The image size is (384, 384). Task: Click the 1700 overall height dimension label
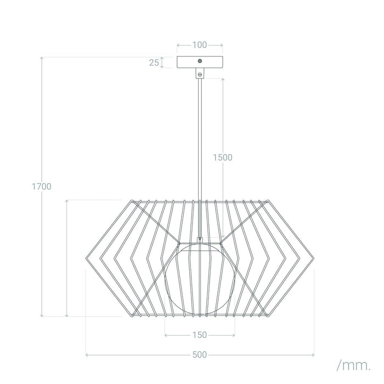[x=41, y=187]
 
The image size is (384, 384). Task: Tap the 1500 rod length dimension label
[x=223, y=157]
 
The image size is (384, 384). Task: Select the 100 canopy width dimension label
[x=200, y=44]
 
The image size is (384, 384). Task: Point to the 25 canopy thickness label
[x=154, y=63]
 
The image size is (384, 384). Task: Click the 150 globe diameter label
[x=200, y=335]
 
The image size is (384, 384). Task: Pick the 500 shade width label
[x=200, y=355]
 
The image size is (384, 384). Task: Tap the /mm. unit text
[x=353, y=364]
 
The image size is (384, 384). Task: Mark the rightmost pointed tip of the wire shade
[x=313, y=258]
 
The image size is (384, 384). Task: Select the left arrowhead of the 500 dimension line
[x=88, y=355]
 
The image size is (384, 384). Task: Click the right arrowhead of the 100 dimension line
[x=221, y=44]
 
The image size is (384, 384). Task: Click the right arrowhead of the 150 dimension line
[x=234, y=335]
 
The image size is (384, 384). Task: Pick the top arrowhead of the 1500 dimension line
[x=223, y=80]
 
